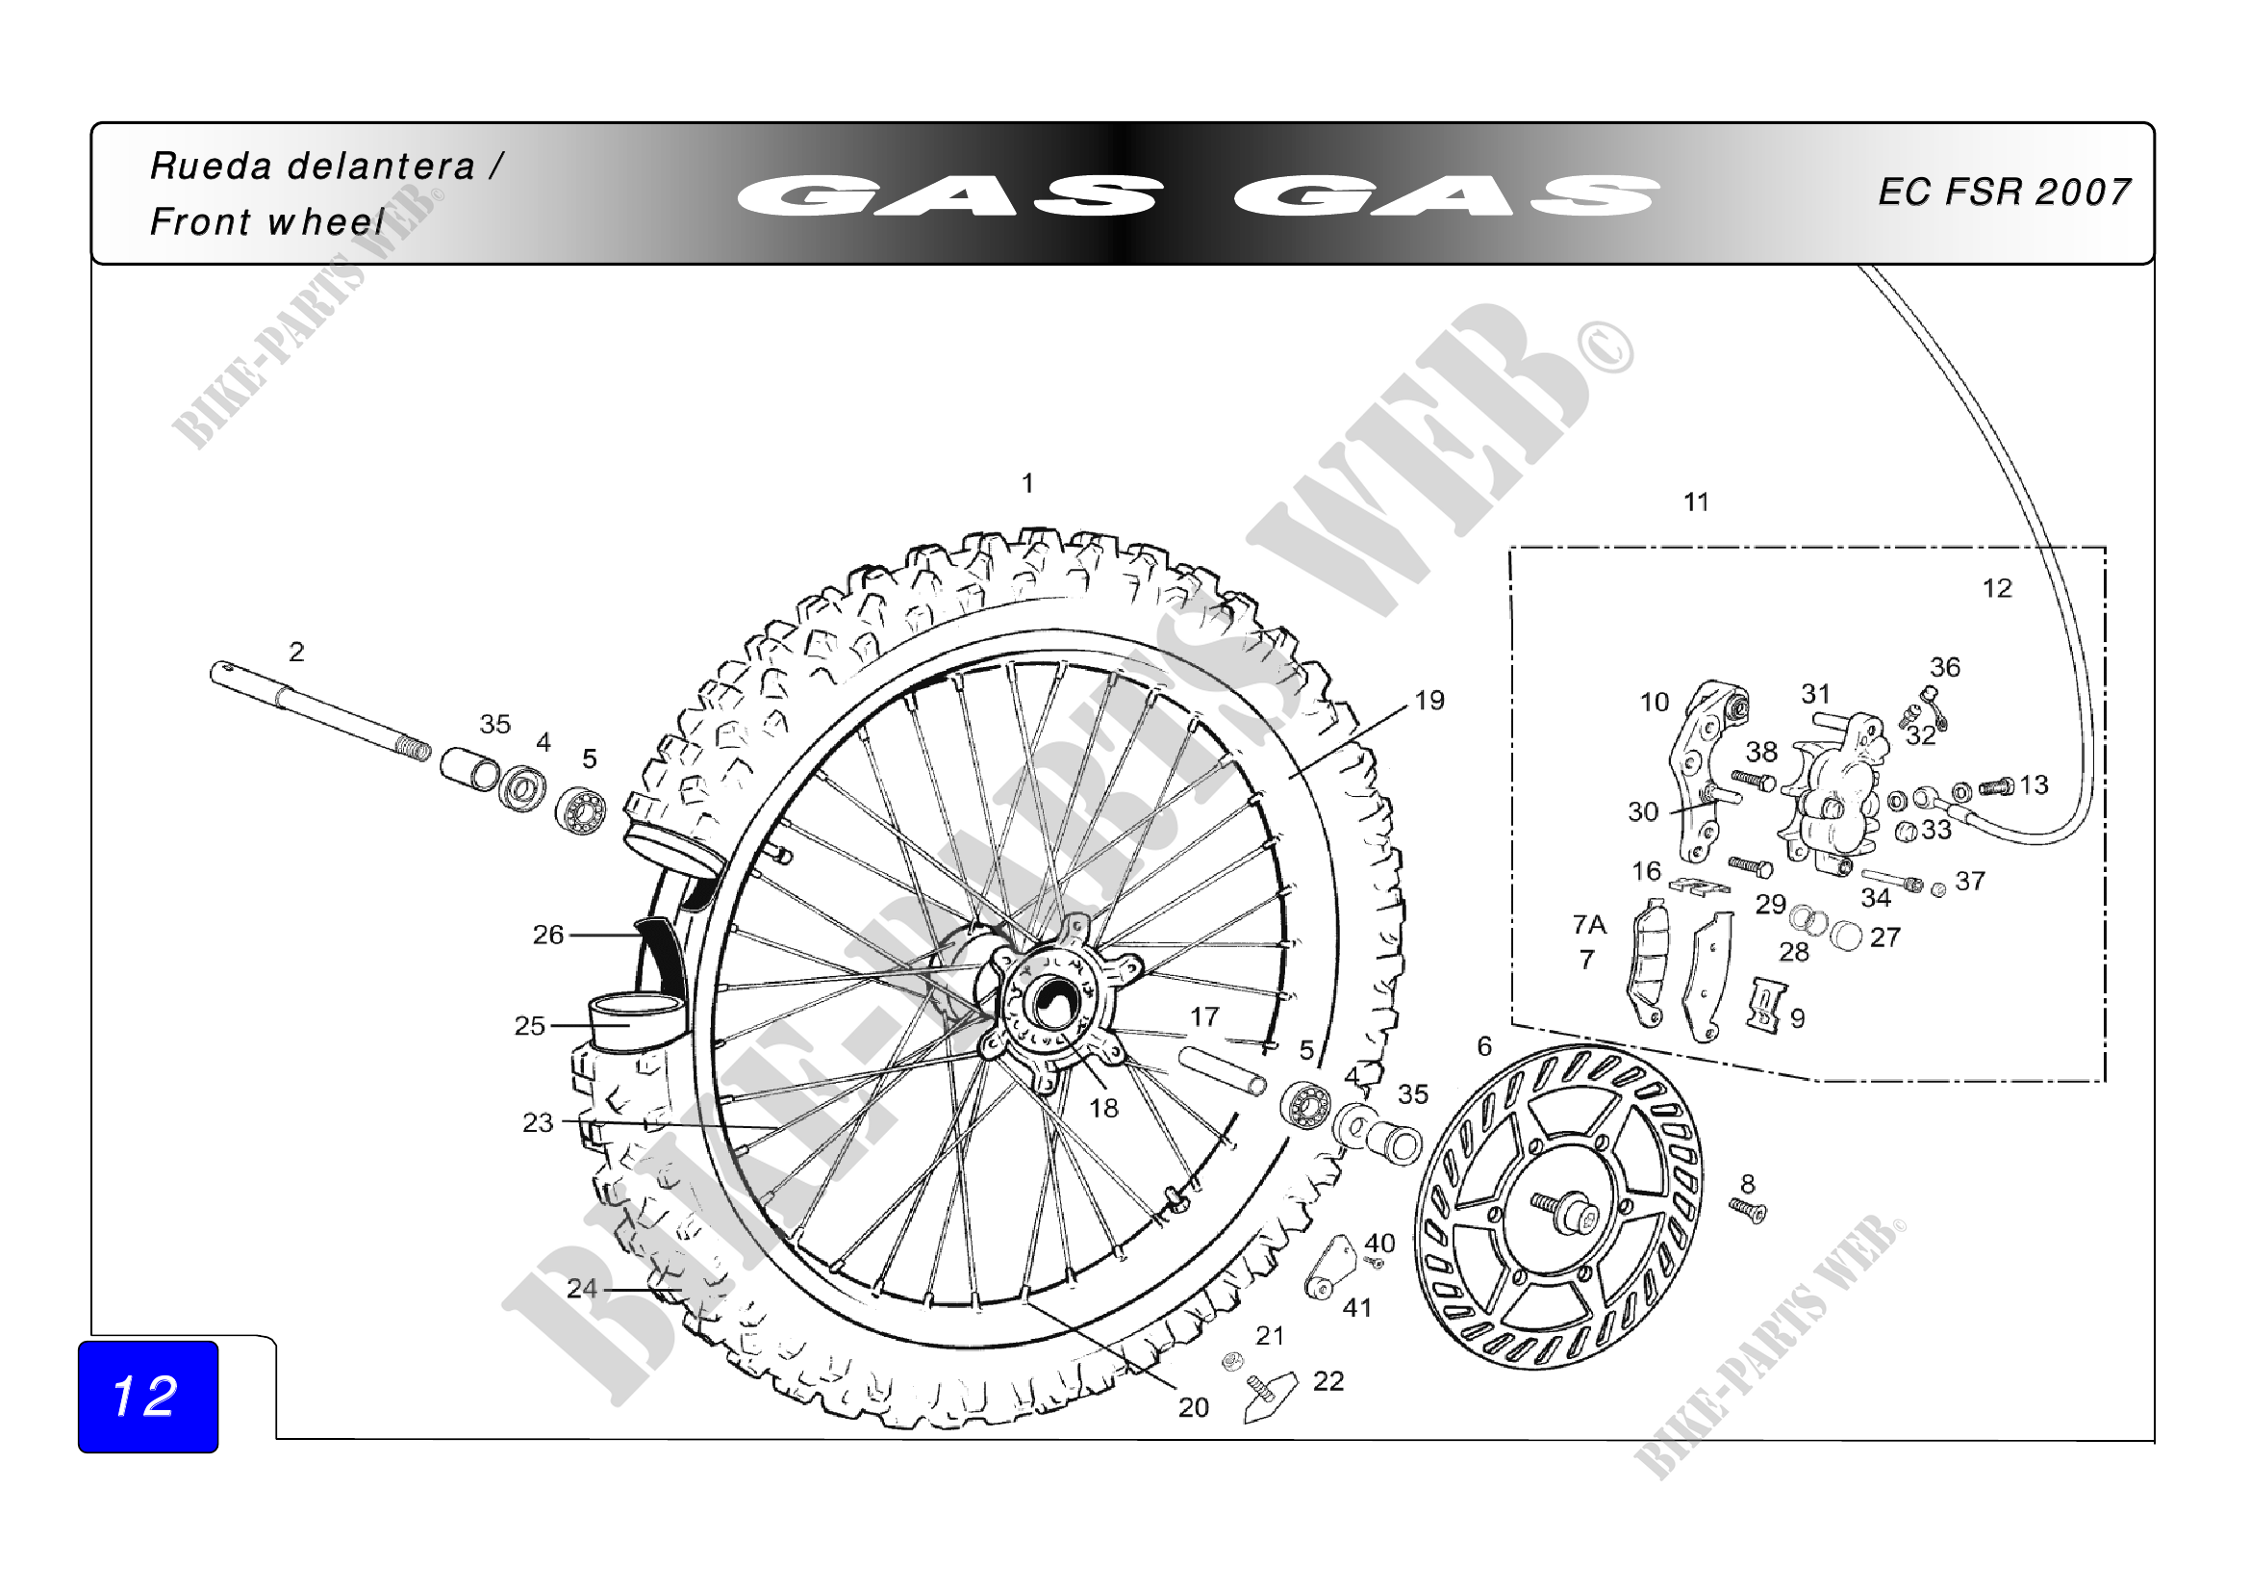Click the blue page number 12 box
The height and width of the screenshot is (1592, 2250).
coord(148,1396)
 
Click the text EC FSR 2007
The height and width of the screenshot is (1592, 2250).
coord(2004,193)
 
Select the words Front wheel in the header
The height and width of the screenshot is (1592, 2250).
coord(266,222)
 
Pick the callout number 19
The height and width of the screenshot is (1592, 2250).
coord(1428,701)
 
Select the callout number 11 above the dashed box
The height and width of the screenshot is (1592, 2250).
coord(1696,501)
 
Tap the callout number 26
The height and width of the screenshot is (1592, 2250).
coord(548,935)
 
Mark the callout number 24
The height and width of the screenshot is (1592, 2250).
coord(582,1288)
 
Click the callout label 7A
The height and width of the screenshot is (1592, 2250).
coord(1589,924)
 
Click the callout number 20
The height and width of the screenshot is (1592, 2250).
coord(1193,1408)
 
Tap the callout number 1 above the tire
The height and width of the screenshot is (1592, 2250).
coord(1027,483)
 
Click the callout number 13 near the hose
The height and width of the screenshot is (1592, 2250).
coord(2034,784)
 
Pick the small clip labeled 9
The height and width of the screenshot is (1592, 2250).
coord(1765,1005)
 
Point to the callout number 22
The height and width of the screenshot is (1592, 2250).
coord(1327,1381)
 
